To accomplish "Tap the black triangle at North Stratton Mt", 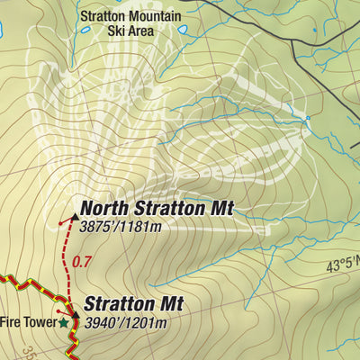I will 74,215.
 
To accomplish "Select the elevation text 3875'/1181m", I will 120,227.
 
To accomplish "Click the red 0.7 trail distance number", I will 82,262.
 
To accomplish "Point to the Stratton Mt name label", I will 134,304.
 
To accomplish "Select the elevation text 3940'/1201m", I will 126,323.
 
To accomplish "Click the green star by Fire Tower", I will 64,321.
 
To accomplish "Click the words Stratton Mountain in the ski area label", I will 130,16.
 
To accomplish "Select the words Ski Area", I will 130,31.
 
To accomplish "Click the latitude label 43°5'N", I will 343,265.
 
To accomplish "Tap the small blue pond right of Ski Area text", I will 183,30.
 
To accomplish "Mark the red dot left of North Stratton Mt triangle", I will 60,221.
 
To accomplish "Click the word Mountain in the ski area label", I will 154,16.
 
